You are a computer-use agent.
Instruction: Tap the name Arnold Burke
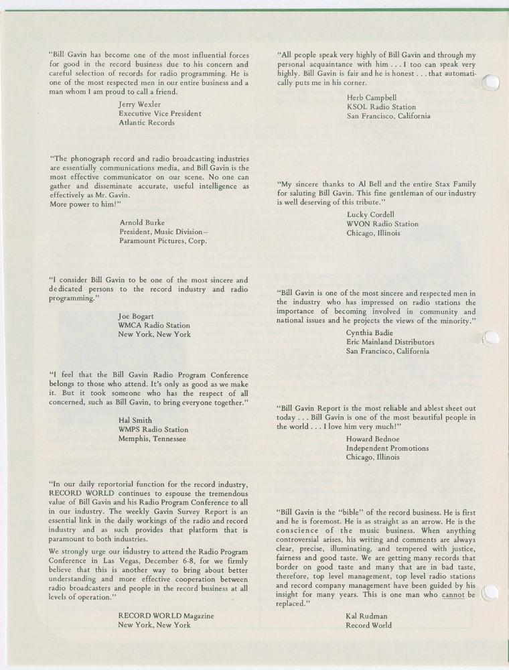[x=142, y=222]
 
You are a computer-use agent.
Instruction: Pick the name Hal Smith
[x=135, y=420]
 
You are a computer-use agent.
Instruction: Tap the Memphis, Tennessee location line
[x=153, y=439]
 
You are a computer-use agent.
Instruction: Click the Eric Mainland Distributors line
[x=390, y=342]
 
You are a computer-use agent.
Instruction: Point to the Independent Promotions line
[x=387, y=448]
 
